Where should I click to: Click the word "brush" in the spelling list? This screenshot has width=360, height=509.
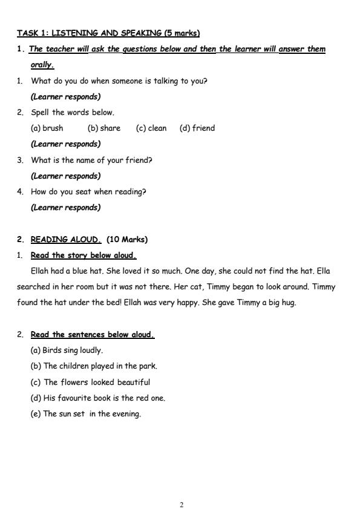(53, 128)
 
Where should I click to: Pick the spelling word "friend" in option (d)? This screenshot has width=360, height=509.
(203, 128)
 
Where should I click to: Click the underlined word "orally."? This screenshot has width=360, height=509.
(42, 65)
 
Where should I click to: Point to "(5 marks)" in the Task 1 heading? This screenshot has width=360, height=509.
(182, 33)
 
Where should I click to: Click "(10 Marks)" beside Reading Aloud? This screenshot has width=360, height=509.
(127, 239)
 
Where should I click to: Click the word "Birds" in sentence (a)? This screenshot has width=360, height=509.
(53, 350)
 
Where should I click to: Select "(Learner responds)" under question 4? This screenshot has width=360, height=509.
(65, 208)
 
